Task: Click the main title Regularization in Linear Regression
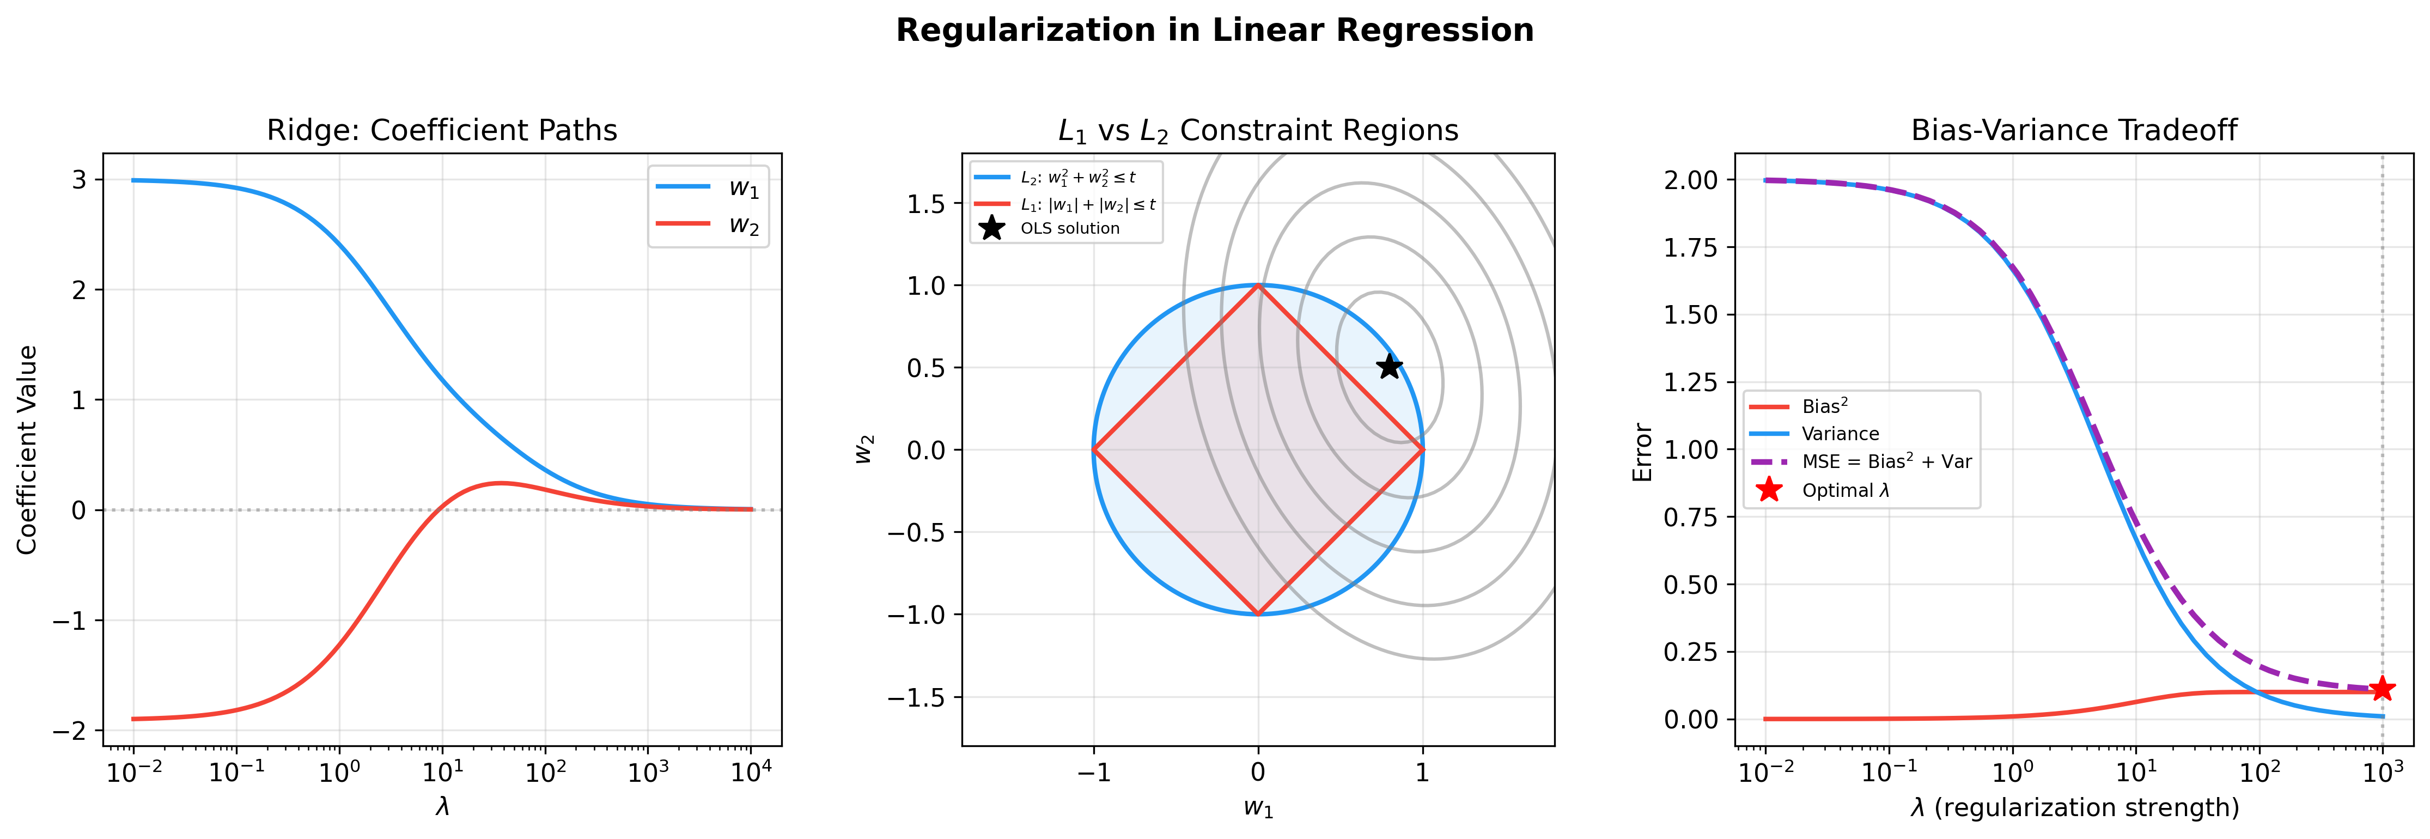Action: (1214, 30)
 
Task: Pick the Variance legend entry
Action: (1840, 434)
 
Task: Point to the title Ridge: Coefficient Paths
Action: (441, 130)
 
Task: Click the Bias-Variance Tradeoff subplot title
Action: (2073, 130)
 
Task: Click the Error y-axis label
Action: (1642, 452)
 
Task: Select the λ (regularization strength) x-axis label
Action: (2073, 808)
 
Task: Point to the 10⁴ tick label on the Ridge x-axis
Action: (752, 772)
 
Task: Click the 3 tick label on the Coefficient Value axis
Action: (79, 179)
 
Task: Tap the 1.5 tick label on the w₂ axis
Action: (925, 204)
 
